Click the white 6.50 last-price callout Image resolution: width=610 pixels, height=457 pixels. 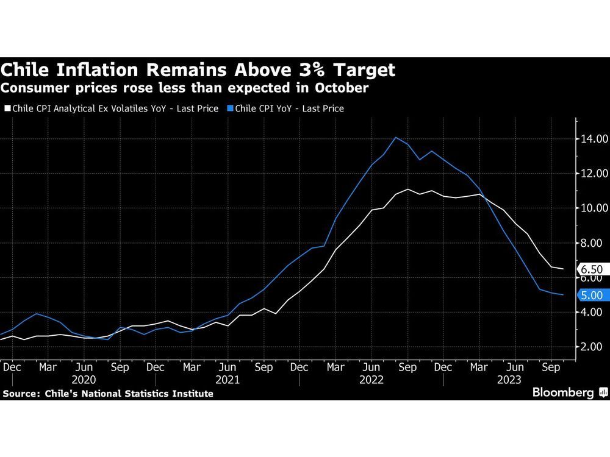[591, 269]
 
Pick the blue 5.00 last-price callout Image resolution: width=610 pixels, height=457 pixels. [591, 295]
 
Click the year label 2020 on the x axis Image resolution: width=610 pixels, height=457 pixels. [84, 380]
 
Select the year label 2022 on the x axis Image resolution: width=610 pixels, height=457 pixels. [371, 380]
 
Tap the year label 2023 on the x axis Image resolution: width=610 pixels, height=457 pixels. [508, 380]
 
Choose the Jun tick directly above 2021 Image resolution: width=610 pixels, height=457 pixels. [228, 367]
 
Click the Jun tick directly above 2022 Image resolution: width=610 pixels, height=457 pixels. [371, 367]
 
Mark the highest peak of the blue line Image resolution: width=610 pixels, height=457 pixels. [396, 137]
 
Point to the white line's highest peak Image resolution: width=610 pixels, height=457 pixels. [408, 189]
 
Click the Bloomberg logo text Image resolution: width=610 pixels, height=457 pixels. [563, 392]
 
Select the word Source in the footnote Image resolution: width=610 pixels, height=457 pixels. [21, 394]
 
